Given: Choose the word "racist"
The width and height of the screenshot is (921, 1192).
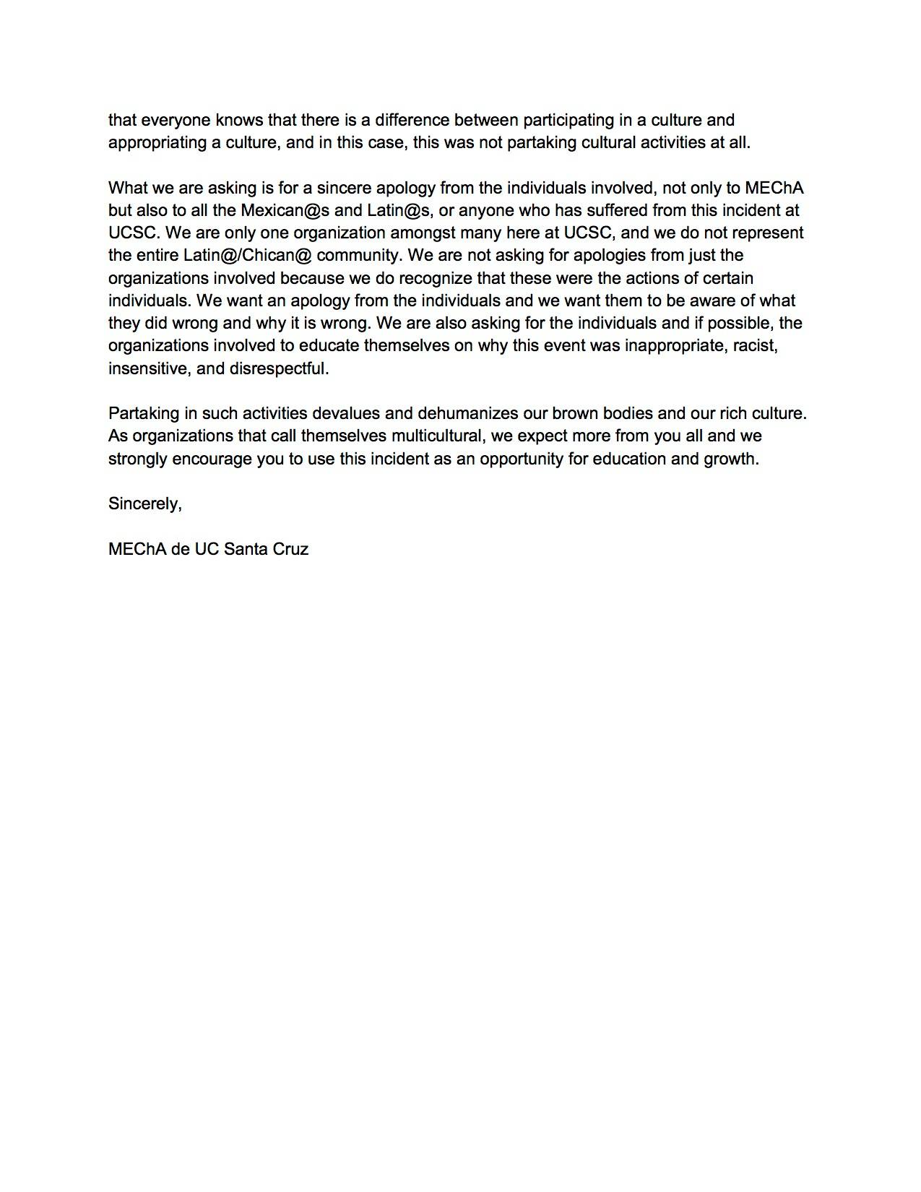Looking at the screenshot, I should [x=755, y=345].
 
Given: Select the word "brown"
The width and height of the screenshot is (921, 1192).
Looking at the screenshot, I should [x=576, y=413].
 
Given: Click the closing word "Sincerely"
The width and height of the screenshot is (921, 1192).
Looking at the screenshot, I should [x=143, y=504].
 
